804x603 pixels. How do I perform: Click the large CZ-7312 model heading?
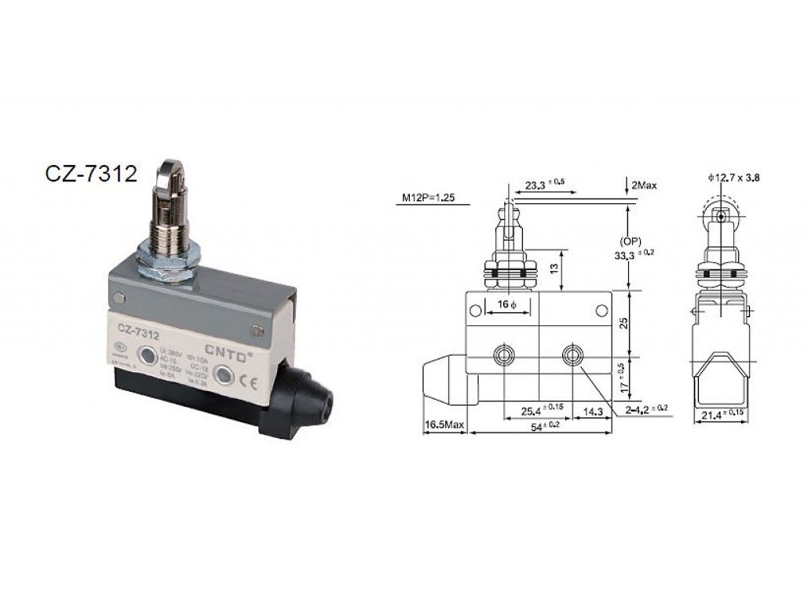91,174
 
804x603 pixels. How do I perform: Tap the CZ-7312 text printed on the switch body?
138,328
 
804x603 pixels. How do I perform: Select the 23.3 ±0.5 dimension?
543,183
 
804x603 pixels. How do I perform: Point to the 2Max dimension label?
641,184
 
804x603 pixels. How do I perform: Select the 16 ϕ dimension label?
507,305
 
